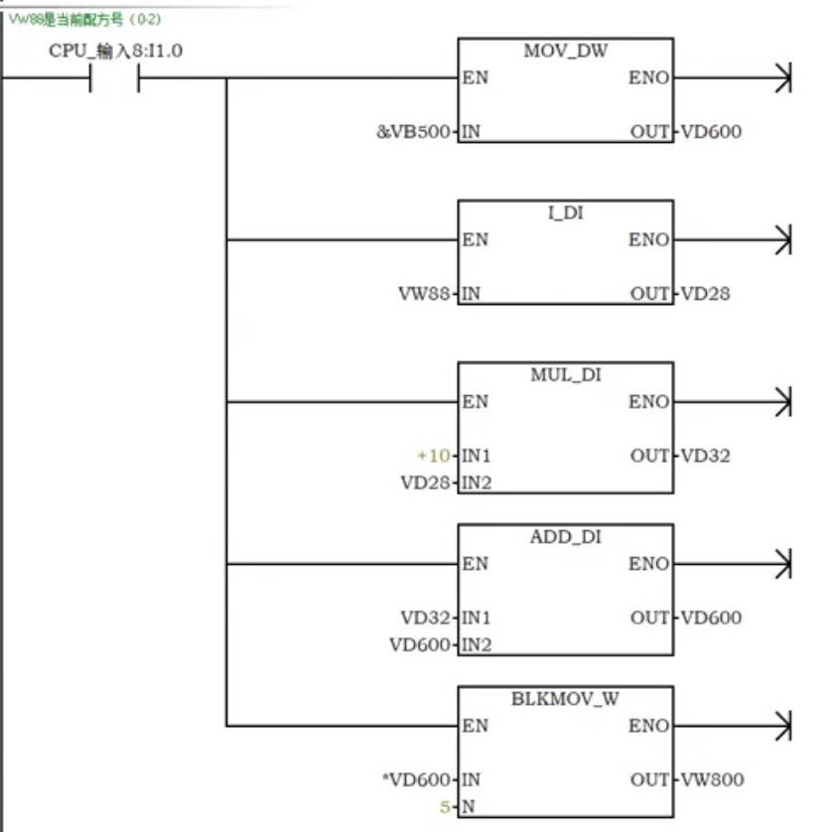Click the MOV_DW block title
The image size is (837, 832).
(x=564, y=52)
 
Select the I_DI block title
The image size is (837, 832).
(x=564, y=213)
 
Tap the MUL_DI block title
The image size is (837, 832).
(x=565, y=375)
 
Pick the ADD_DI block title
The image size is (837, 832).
(x=565, y=537)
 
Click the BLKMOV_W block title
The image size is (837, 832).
(x=565, y=699)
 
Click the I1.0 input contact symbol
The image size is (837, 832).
(x=114, y=78)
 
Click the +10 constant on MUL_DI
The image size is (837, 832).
(x=434, y=456)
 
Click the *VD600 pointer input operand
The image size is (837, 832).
(x=416, y=779)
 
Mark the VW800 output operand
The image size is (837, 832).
(x=710, y=779)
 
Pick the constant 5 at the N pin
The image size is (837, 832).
(x=446, y=807)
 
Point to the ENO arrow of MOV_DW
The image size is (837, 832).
(x=783, y=78)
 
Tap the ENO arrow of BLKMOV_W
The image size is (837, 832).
(x=783, y=726)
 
